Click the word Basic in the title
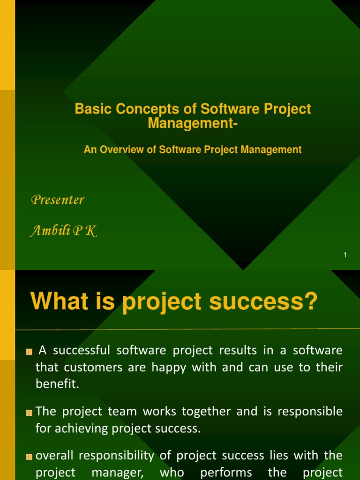point(93,109)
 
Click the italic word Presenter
point(57,200)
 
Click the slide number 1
point(345,255)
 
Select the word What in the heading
point(58,301)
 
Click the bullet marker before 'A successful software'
point(29,352)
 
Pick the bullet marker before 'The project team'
point(29,412)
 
